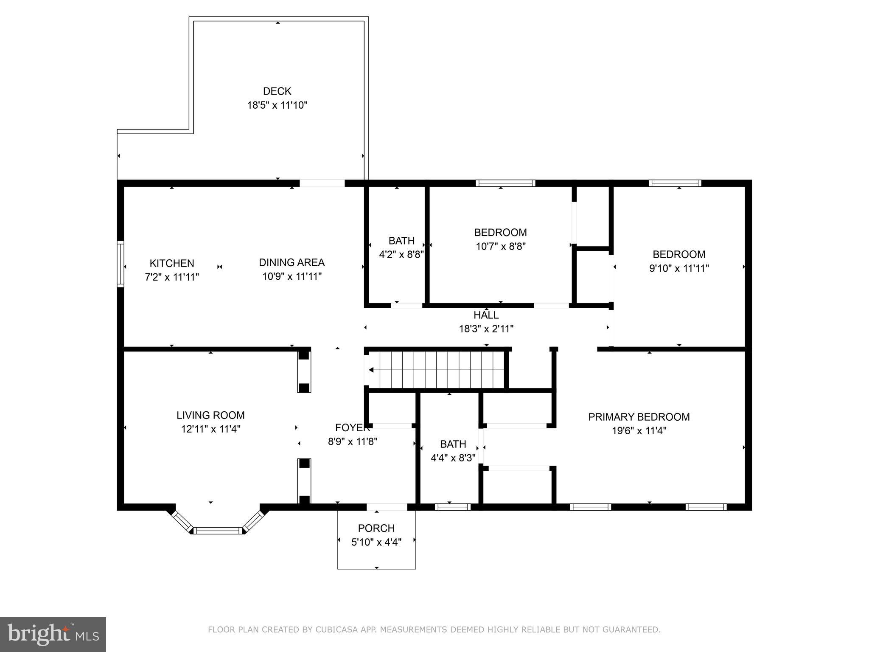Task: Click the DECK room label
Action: (277, 91)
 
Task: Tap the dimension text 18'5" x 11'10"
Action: (277, 105)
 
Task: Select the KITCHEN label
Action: (172, 263)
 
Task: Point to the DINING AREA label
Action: (292, 262)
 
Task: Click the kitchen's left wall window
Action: (121, 264)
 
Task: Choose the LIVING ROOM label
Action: (210, 415)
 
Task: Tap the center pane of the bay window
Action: (218, 530)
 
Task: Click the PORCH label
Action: (376, 528)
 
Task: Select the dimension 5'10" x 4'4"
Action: (376, 542)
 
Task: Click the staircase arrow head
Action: (371, 370)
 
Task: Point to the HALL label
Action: (486, 315)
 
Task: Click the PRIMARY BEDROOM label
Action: (639, 417)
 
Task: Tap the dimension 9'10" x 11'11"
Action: (679, 268)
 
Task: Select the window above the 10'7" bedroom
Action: (505, 183)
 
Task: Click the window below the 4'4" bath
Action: (452, 507)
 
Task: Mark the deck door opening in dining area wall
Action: (322, 183)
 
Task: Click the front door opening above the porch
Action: (387, 507)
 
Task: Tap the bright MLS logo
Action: (53, 634)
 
